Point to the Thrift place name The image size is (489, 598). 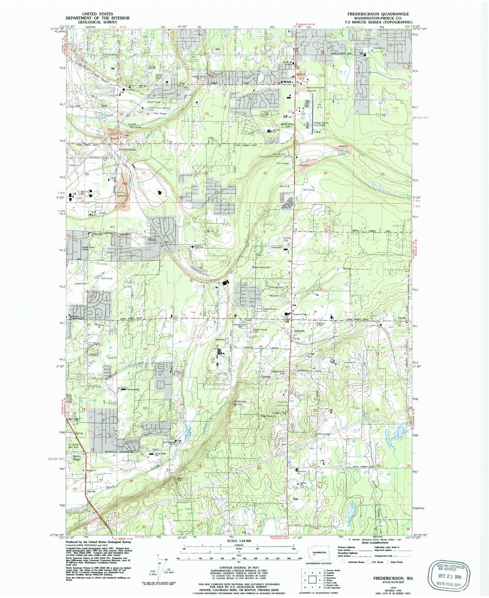coord(402,318)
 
